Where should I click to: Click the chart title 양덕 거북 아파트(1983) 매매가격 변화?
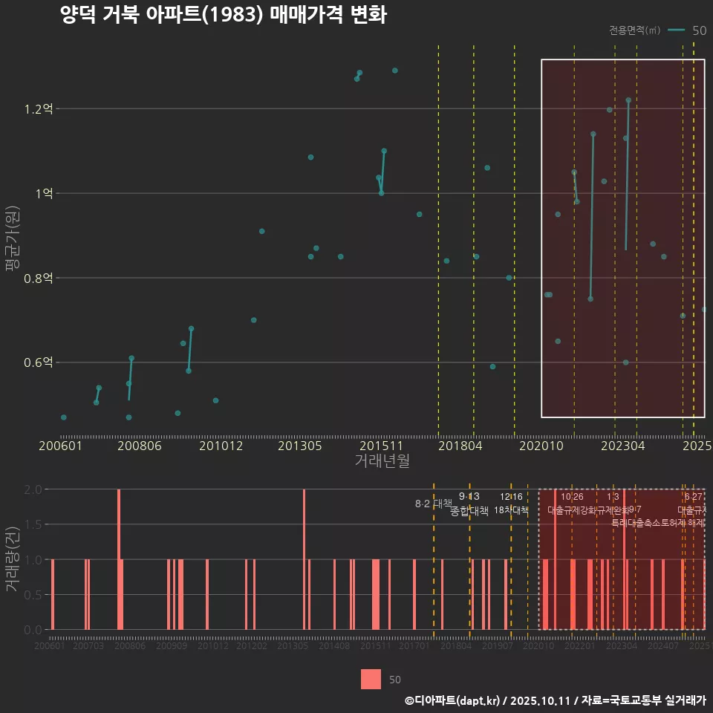click(223, 16)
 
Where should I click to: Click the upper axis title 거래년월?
click(382, 461)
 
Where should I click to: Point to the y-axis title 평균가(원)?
click(13, 237)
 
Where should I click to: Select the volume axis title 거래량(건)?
click(13, 559)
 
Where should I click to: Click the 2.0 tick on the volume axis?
click(33, 489)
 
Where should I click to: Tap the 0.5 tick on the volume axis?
click(33, 594)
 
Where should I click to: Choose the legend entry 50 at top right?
click(698, 30)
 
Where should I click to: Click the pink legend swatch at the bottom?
click(371, 679)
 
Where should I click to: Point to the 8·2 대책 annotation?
click(432, 504)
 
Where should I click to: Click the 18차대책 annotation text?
click(511, 510)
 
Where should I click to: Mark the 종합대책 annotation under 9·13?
click(469, 510)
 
